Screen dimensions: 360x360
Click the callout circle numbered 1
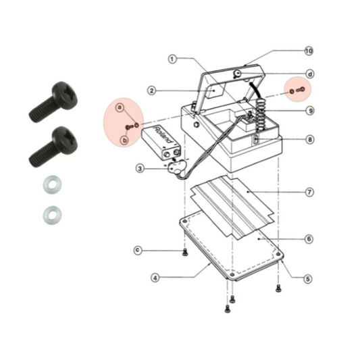tap(172, 59)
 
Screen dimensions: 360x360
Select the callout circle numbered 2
tap(152, 90)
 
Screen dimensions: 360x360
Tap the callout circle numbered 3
tap(139, 168)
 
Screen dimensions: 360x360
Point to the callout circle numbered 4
tap(155, 277)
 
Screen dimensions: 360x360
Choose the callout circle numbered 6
tap(309, 238)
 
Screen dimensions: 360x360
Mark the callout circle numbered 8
tap(309, 140)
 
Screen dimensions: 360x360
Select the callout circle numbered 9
tap(309, 111)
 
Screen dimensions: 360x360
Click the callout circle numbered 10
tap(309, 51)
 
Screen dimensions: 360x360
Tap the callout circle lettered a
tap(120, 107)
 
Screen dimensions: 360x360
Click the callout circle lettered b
tap(124, 140)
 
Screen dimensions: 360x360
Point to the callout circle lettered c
tap(138, 250)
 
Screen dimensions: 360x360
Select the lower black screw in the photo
tap(53, 146)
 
